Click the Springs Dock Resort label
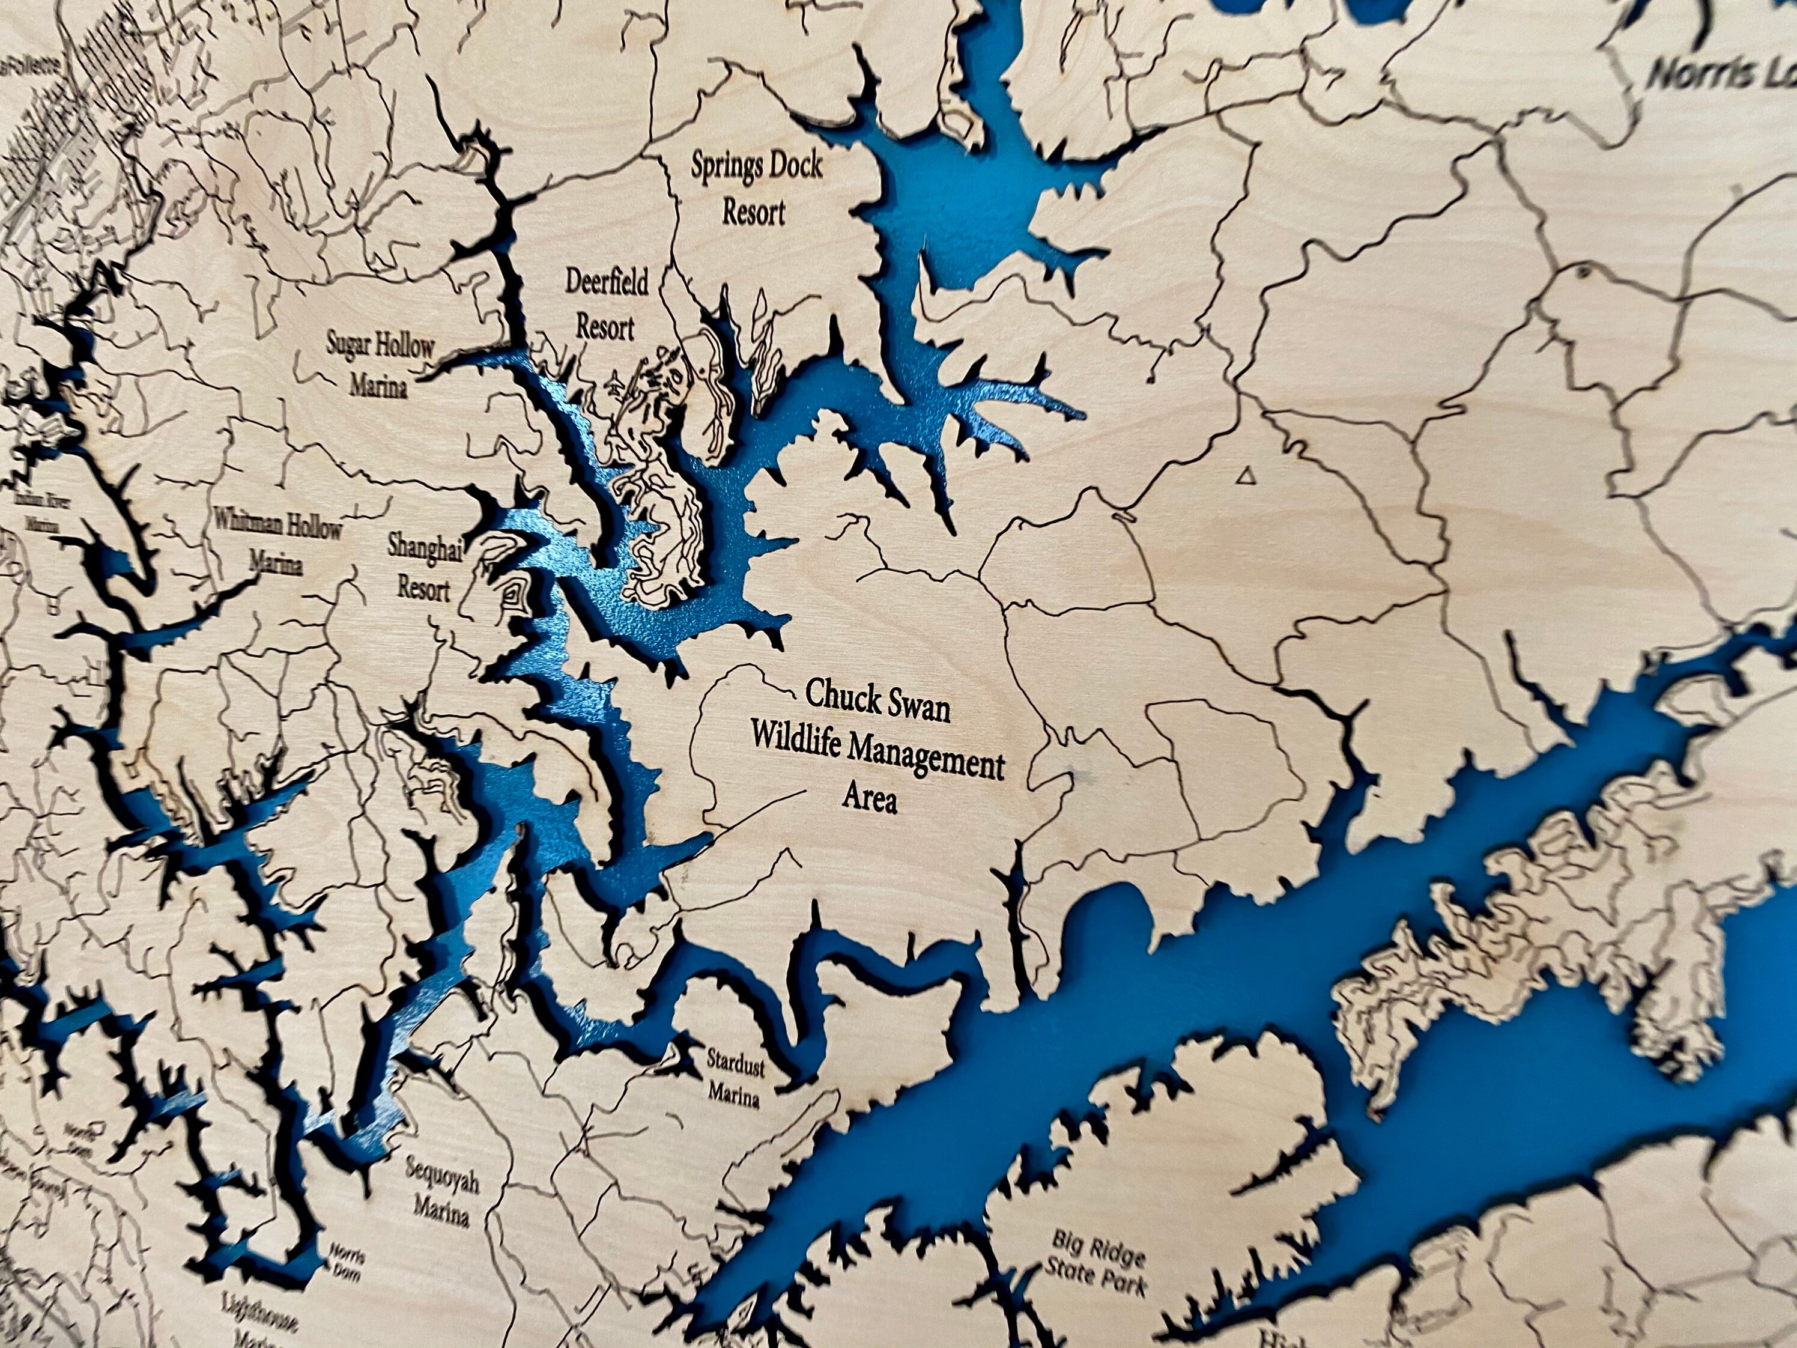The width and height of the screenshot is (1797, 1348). coord(756,189)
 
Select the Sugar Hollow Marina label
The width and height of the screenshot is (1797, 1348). coord(380,364)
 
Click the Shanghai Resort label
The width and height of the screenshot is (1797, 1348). coord(424,566)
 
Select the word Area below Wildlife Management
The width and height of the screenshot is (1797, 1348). coord(869,800)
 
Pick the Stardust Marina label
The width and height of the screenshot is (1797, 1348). coord(735,1078)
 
